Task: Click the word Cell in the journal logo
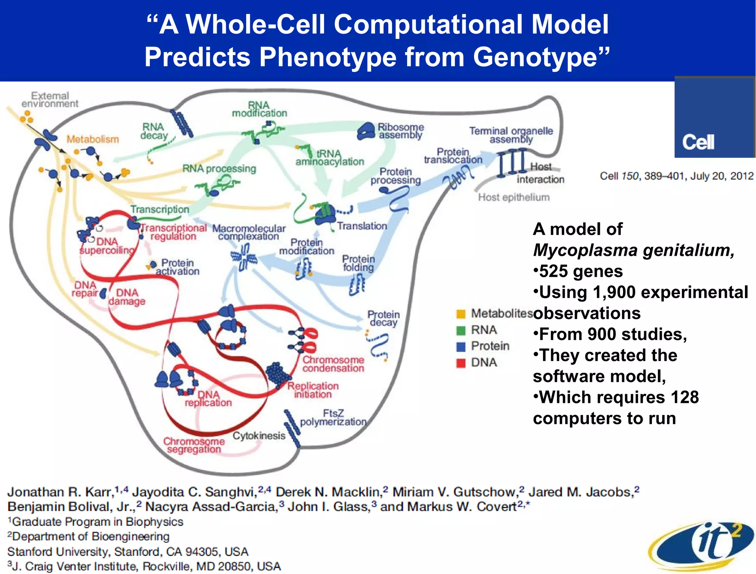[x=698, y=142]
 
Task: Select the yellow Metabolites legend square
[x=461, y=314]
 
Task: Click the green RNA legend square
[x=461, y=330]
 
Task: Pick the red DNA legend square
[x=461, y=363]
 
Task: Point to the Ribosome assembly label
[x=401, y=131]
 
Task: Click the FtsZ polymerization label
[x=333, y=417]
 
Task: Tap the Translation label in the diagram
[x=362, y=226]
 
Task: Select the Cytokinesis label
[x=259, y=436]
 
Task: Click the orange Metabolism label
[x=93, y=139]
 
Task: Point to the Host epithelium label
[x=513, y=197]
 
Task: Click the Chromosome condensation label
[x=333, y=364]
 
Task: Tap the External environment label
[x=50, y=99]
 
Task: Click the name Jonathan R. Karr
[x=59, y=492]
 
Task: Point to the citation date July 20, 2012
[x=721, y=176]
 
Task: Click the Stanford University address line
[x=127, y=551]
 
